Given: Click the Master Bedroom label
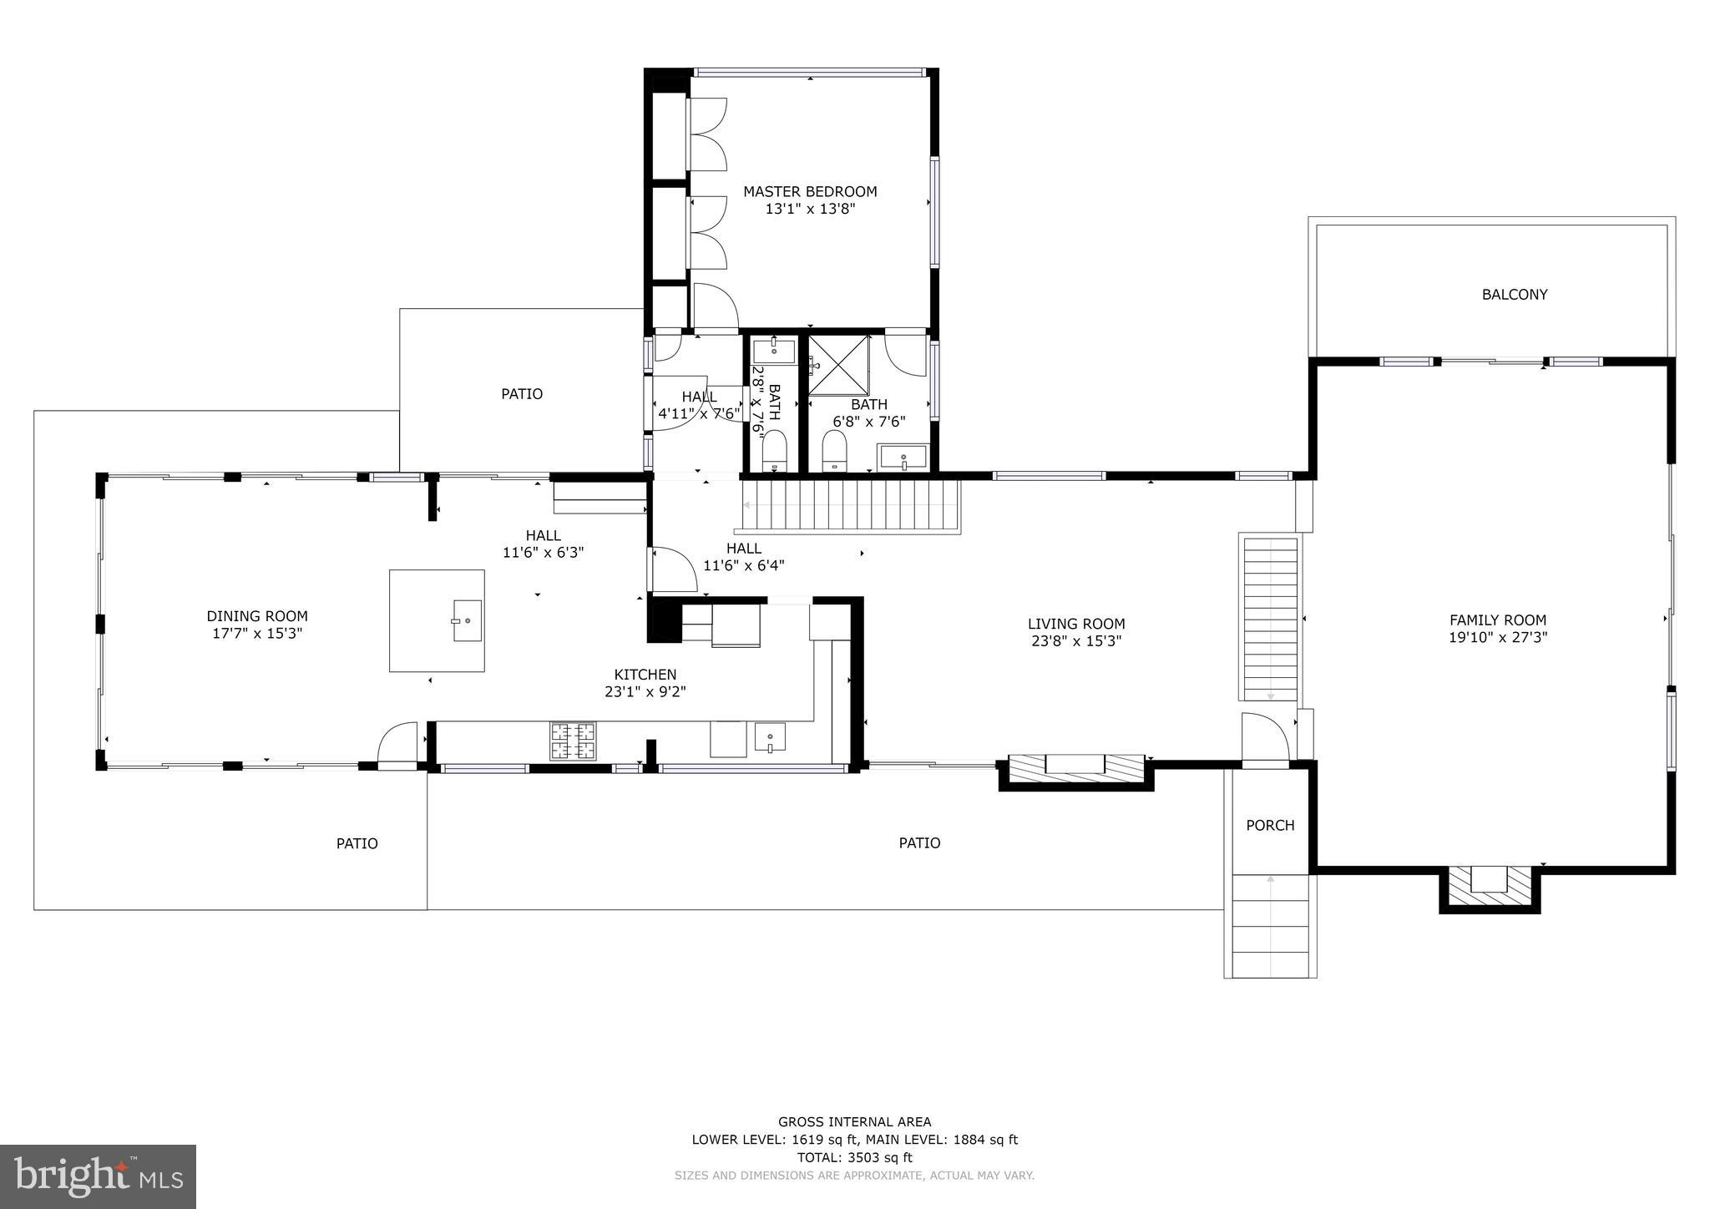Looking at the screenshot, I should [x=810, y=191].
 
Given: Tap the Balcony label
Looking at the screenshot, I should [x=1514, y=294].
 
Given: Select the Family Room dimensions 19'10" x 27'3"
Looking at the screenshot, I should [x=1498, y=638].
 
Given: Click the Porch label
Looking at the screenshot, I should [x=1270, y=825].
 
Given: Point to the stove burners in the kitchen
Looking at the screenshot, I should [x=573, y=741].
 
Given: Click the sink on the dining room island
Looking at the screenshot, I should [x=468, y=620].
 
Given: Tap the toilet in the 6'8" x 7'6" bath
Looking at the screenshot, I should [x=834, y=451].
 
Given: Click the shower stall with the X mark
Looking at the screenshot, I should [x=838, y=364].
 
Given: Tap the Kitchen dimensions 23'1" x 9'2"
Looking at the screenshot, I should [x=645, y=692].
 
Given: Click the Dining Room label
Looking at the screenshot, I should [x=257, y=616].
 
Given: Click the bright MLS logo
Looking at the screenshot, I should [x=98, y=1176].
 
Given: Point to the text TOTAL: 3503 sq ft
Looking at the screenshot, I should [x=854, y=1157].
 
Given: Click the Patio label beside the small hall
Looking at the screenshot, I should [x=522, y=393].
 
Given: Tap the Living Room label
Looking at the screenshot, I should [x=1076, y=624].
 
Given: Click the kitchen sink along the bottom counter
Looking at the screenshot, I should [x=769, y=738].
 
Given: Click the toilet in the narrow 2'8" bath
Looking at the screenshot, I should [x=774, y=451].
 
